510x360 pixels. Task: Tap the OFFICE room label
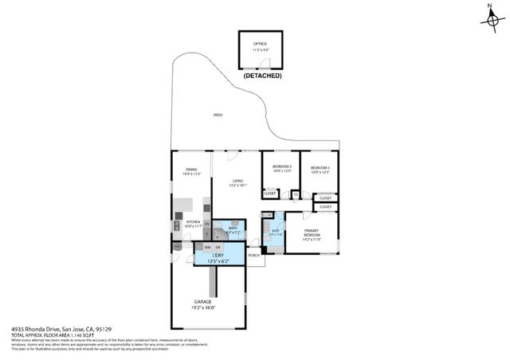[x=260, y=43]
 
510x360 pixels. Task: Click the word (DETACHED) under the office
[x=261, y=76]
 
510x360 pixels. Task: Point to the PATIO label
[x=218, y=115]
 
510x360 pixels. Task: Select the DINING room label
[x=191, y=169]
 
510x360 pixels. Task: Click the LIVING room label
[x=238, y=181]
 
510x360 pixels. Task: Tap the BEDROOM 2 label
[x=283, y=166]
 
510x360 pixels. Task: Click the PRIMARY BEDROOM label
[x=311, y=233]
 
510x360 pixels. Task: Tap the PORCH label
[x=253, y=256]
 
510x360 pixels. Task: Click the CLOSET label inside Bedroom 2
[x=270, y=193]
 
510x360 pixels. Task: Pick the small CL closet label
[x=295, y=193]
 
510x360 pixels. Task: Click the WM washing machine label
[x=207, y=247]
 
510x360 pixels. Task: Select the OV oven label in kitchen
[x=207, y=224]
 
